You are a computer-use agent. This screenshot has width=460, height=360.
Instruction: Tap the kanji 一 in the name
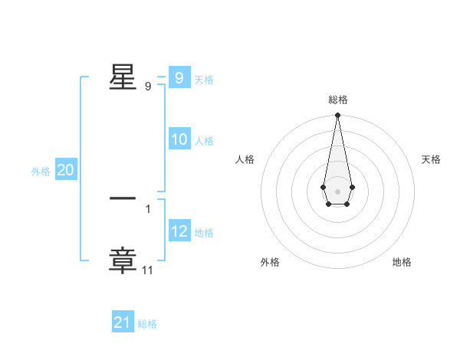click(x=123, y=198)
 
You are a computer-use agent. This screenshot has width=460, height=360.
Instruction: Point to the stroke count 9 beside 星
click(x=148, y=87)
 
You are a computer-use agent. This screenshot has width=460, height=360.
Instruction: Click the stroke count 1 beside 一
click(x=148, y=208)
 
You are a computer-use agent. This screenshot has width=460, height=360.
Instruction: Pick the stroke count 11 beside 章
click(x=148, y=270)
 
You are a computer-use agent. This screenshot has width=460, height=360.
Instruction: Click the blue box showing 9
click(x=179, y=78)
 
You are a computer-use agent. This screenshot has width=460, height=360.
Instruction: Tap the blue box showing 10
click(x=179, y=139)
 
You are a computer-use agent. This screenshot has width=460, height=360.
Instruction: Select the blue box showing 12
click(x=179, y=231)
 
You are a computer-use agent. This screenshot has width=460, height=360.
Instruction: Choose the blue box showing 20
click(x=65, y=171)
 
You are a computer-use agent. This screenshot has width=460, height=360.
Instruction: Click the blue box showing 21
click(x=122, y=323)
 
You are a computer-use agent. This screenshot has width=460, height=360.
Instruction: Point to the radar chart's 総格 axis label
click(x=337, y=100)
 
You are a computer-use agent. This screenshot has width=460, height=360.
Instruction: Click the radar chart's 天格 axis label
click(x=431, y=159)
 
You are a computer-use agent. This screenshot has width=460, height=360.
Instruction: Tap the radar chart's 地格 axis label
click(x=402, y=262)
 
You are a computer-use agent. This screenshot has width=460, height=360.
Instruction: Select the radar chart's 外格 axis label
click(x=270, y=262)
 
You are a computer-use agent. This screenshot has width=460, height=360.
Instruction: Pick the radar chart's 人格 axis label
click(x=245, y=159)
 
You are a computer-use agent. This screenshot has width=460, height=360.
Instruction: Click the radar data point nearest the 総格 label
click(x=337, y=116)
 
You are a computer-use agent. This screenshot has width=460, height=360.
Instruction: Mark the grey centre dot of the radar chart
click(x=337, y=191)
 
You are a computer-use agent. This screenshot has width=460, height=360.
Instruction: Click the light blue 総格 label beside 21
click(x=147, y=324)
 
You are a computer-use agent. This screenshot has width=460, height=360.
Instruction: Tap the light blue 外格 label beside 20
click(x=41, y=172)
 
